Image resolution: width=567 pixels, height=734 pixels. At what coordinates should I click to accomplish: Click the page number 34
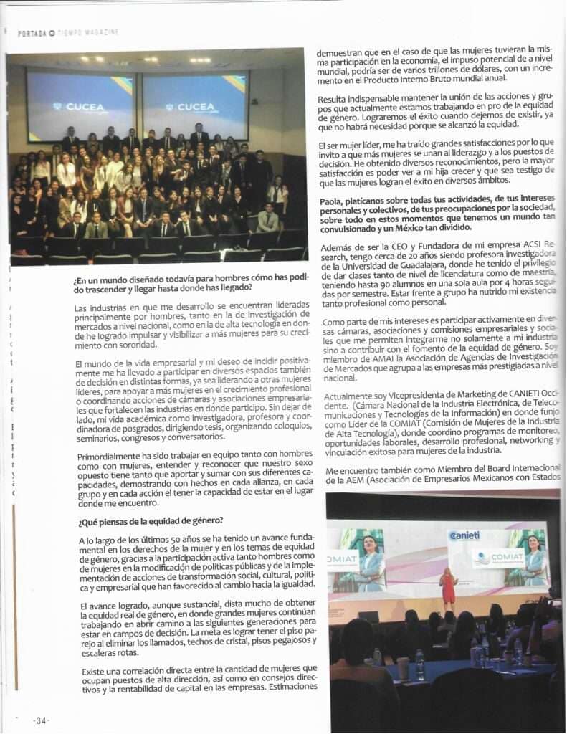coord(41,719)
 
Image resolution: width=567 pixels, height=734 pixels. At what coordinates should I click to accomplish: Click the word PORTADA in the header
coord(32,33)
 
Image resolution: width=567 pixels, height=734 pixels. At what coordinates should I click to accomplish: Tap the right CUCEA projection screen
coord(196,105)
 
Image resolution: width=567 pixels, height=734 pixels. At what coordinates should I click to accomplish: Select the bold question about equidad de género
coord(150,520)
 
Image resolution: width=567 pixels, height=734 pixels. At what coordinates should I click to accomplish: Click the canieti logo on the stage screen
coord(464,535)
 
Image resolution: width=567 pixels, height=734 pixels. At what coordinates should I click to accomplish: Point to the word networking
coord(530,441)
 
